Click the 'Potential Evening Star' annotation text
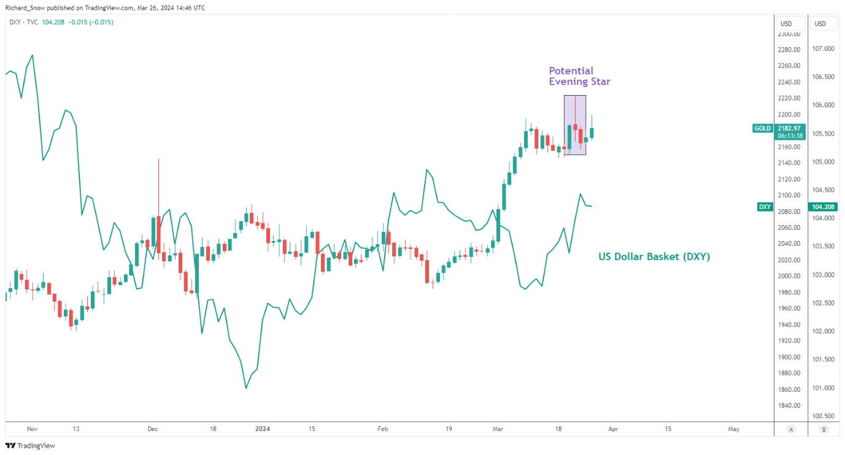click(x=579, y=76)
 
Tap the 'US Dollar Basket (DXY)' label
click(x=654, y=257)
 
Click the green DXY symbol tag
click(x=765, y=207)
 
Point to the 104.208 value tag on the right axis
click(x=824, y=207)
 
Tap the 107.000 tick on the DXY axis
click(x=824, y=49)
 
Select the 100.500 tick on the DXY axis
click(x=824, y=416)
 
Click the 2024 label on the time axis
click(x=263, y=429)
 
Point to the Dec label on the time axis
click(x=153, y=429)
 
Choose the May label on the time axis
click(x=733, y=429)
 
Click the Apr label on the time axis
click(x=612, y=429)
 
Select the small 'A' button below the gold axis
click(x=792, y=429)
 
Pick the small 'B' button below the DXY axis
click(x=824, y=429)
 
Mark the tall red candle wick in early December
click(x=158, y=184)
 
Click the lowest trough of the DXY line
click(x=246, y=388)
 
